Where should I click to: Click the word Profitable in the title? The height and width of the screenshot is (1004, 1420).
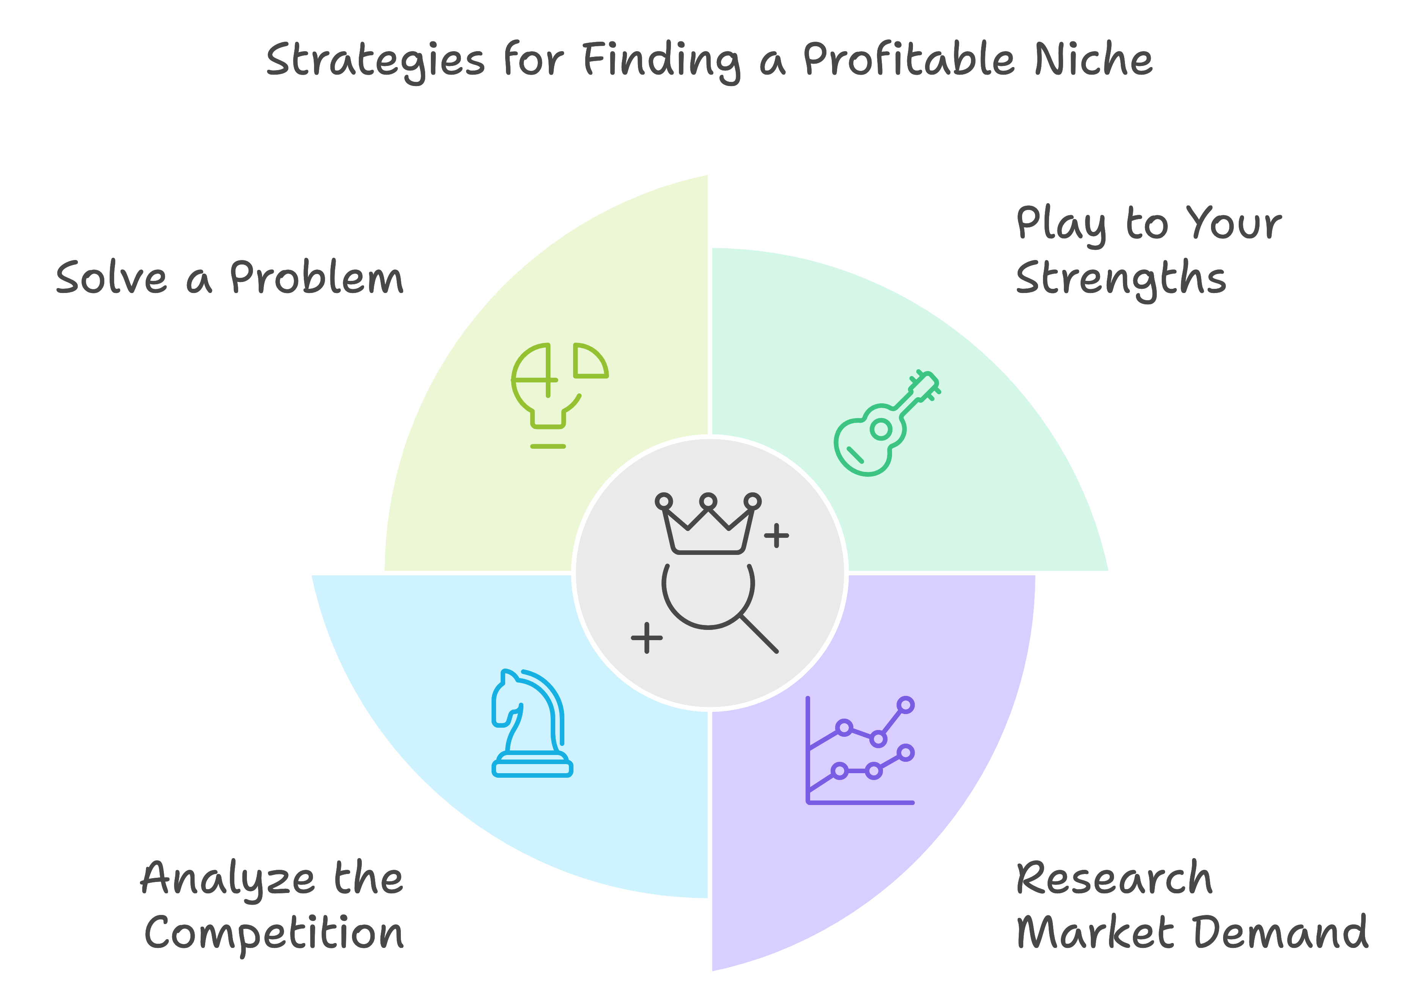(x=909, y=60)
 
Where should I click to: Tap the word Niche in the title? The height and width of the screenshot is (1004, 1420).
(x=1093, y=60)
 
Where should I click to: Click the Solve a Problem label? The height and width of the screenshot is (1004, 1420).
(x=229, y=277)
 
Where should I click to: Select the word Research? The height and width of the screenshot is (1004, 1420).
(x=1114, y=877)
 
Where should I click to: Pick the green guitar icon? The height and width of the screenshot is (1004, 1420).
(x=887, y=423)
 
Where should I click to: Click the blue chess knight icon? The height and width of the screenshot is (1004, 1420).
(x=532, y=723)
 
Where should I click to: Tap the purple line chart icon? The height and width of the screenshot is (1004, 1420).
(x=860, y=750)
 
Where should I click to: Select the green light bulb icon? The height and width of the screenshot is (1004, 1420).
(x=560, y=395)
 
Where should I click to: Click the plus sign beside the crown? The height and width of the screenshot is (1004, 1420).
(x=776, y=536)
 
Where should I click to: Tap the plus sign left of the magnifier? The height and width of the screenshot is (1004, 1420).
(x=647, y=637)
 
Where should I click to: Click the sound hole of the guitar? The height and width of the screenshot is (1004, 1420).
(x=881, y=429)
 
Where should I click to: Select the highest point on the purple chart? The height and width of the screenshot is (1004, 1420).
(x=905, y=705)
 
